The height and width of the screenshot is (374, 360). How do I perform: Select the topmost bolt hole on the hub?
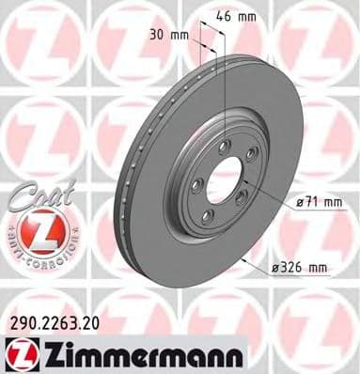point(224,145)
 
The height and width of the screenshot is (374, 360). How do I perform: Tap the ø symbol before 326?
point(274,268)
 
